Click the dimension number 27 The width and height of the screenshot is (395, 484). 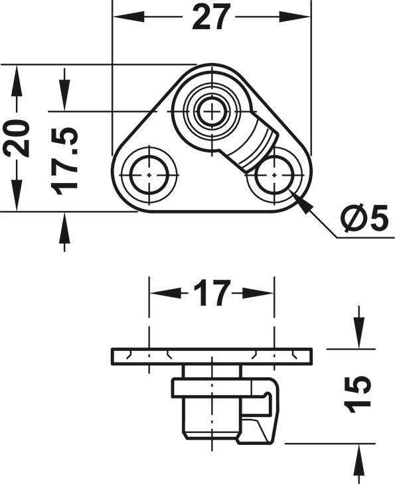[211, 17]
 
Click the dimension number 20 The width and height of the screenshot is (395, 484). [17, 139]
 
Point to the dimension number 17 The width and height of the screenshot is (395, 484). [212, 292]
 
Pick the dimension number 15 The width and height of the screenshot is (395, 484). [358, 394]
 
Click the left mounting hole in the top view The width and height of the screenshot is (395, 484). [149, 175]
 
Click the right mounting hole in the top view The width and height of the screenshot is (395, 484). [274, 175]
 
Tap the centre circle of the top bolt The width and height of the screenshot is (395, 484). [212, 111]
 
